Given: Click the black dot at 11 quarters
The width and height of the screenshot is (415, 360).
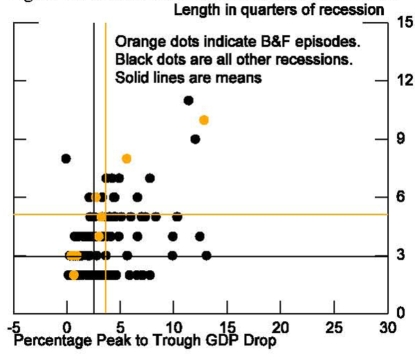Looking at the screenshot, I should [188, 100].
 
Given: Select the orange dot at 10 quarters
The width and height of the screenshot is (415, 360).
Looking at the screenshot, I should [203, 120].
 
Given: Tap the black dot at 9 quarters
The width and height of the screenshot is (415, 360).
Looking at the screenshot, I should [195, 139].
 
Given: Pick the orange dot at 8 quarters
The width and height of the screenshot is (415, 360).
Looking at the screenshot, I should [127, 158].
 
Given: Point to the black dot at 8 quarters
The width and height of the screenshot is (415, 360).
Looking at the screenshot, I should [66, 158].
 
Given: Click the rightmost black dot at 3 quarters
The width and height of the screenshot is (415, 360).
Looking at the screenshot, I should [206, 256].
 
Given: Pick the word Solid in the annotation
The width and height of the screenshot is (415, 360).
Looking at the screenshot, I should [131, 77].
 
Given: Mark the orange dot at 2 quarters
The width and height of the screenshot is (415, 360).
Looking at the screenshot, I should [74, 275].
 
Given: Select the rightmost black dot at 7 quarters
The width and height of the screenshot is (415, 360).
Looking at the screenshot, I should [149, 178].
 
